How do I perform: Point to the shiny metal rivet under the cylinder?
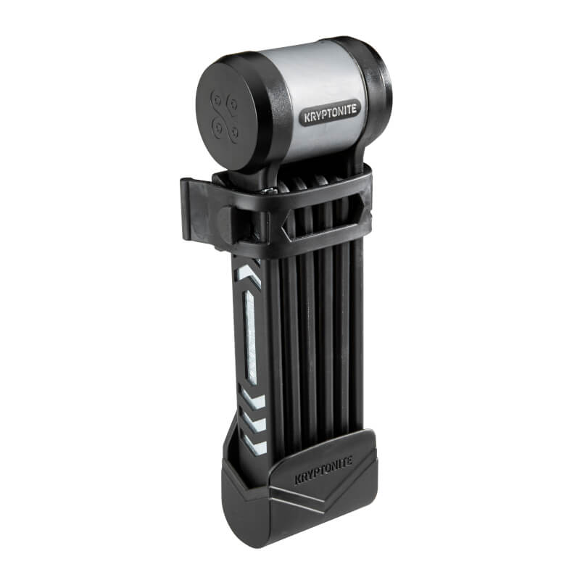(x=270, y=190)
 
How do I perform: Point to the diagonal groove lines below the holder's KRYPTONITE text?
(x=319, y=500)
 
